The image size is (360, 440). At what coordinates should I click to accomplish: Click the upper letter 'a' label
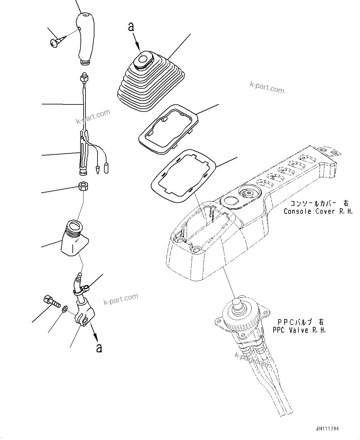[x=131, y=27]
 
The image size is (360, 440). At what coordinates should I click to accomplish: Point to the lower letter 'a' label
[x=99, y=348]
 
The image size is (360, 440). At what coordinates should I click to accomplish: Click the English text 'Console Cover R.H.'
[x=319, y=211]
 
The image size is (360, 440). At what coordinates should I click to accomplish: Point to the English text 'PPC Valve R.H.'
[x=299, y=330]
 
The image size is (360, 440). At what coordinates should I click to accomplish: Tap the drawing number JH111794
[x=327, y=429]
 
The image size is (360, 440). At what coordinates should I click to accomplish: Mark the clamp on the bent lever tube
[x=81, y=289]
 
